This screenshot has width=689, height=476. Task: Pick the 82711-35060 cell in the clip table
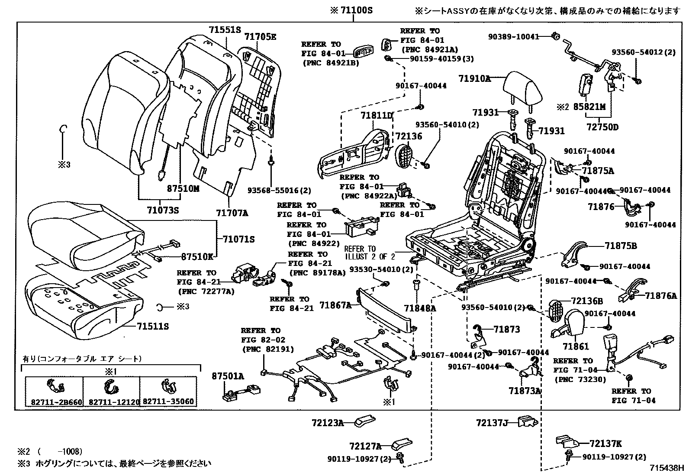coord(167,402)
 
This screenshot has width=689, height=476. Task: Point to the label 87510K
coord(197,256)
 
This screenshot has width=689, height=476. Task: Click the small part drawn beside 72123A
coord(364,420)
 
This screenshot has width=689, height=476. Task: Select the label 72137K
coord(605,444)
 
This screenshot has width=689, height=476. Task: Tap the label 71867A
coord(335,305)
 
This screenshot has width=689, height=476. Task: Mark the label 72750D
coord(603,127)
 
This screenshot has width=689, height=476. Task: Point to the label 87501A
coord(228,376)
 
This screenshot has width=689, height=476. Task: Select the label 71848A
coord(420,308)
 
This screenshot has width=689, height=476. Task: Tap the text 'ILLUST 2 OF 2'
coord(370,257)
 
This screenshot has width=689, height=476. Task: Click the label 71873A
coord(525,391)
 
